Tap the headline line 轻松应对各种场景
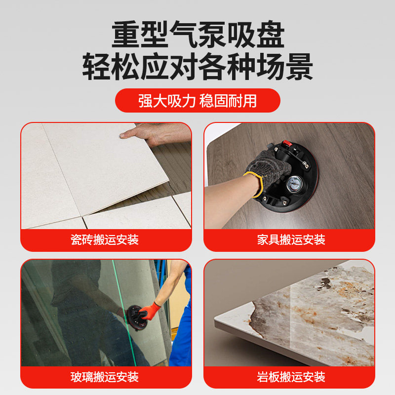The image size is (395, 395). click(x=197, y=67)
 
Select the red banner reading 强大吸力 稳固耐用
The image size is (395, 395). click(x=197, y=101)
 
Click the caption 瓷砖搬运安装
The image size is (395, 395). click(x=105, y=240)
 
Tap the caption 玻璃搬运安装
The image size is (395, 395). click(x=105, y=378)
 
